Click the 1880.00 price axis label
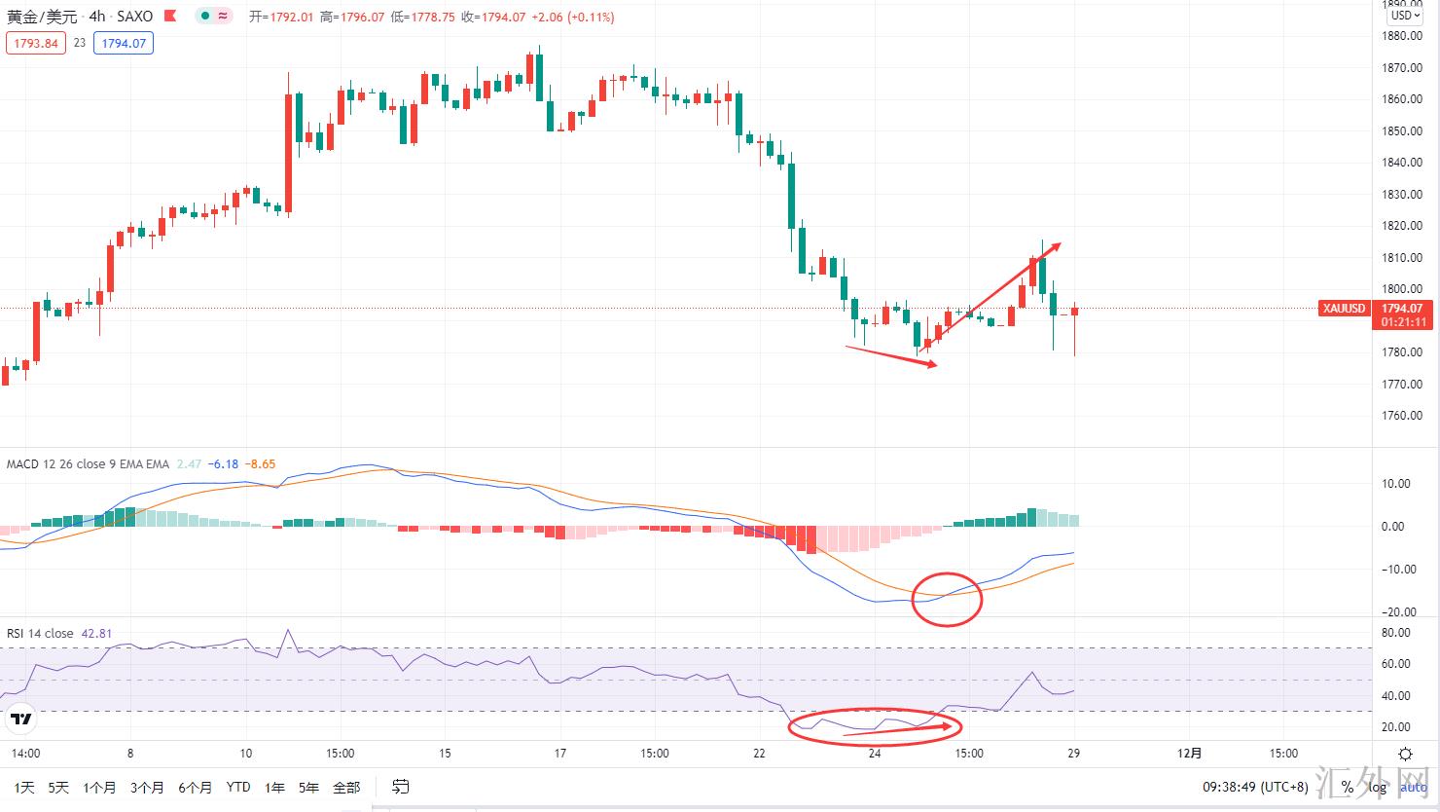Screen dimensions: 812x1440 (1402, 36)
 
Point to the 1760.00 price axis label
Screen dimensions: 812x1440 (1402, 416)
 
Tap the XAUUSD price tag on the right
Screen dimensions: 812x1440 (1344, 309)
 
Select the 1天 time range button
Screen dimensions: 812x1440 (24, 787)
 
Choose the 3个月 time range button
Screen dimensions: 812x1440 (146, 787)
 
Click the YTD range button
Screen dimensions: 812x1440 (237, 787)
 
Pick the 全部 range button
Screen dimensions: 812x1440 (346, 787)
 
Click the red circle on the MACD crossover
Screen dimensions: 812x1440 (947, 599)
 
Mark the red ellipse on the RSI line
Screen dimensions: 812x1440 (875, 726)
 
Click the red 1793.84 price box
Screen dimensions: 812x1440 (36, 43)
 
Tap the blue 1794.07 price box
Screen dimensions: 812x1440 (124, 43)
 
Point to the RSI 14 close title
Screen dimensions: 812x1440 (40, 633)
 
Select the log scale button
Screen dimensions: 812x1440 (1378, 787)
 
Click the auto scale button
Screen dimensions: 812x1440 (1414, 787)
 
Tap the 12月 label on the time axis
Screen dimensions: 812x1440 (1189, 753)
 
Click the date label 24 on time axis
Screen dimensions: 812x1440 (875, 753)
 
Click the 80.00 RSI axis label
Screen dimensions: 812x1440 (1396, 633)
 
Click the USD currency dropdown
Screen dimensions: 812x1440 (1404, 15)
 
